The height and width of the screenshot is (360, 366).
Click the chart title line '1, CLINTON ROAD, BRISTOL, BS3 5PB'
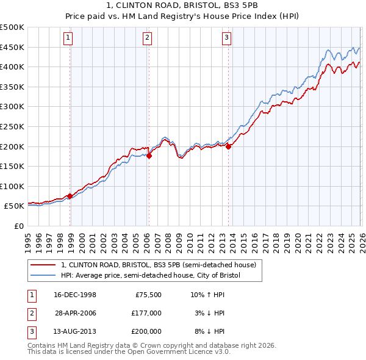(182, 6)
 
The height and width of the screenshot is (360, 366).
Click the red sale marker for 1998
(70, 196)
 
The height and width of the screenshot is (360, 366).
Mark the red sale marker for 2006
(149, 156)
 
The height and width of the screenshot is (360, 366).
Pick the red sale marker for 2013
(229, 146)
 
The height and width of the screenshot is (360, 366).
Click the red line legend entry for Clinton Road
(162, 265)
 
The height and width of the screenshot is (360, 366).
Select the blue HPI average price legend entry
(151, 276)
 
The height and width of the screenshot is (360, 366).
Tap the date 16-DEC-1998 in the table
(76, 295)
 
